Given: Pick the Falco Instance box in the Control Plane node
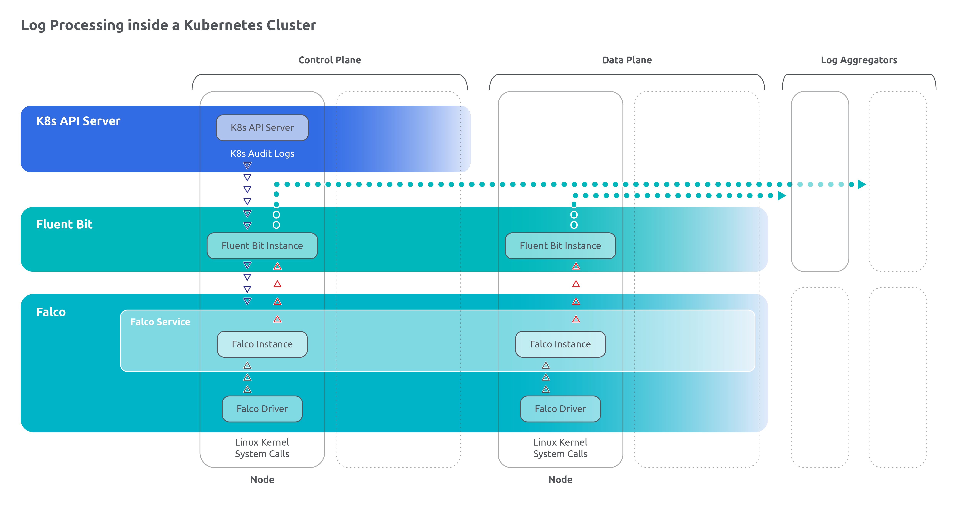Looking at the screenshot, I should (x=262, y=344).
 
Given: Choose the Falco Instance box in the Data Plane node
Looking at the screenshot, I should (x=560, y=344).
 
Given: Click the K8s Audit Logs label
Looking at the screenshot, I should (x=262, y=154).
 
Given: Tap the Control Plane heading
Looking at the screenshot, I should (x=329, y=60).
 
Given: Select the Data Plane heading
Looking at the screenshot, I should (x=627, y=60).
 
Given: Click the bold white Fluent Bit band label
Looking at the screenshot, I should (x=64, y=224).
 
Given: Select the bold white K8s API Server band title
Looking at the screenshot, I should (x=78, y=121).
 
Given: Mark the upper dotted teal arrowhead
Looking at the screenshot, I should (x=862, y=184).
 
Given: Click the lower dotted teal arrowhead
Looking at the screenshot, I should (x=782, y=195).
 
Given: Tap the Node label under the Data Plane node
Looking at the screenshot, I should (x=560, y=480).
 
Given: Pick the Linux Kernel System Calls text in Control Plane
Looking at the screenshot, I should (x=262, y=448).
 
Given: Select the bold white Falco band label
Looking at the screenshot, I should (x=51, y=312).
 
